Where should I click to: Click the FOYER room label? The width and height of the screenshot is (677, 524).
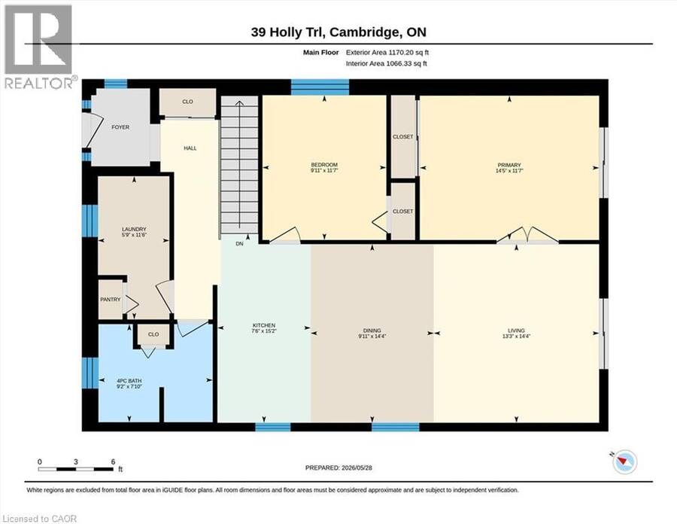click(x=120, y=127)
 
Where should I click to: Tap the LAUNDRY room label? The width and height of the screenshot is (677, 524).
click(x=134, y=229)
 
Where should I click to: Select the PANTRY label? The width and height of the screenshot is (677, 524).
click(x=111, y=300)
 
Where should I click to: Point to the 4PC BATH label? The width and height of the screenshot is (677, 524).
click(x=129, y=381)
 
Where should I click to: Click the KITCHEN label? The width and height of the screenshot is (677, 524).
click(x=264, y=325)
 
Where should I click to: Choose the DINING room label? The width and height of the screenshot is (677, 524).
click(x=372, y=331)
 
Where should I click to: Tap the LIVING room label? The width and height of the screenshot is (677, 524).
click(x=516, y=331)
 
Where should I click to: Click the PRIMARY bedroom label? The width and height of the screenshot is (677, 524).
click(x=509, y=165)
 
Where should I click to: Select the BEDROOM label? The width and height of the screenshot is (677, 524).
click(x=324, y=165)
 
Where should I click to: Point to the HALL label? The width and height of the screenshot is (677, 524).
click(x=190, y=148)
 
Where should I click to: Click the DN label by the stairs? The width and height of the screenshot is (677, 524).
click(x=240, y=244)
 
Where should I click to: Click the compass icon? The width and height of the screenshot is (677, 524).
click(x=624, y=462)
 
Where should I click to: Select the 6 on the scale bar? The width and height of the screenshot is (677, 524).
click(x=113, y=462)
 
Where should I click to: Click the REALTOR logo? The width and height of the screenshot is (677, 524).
click(x=40, y=47)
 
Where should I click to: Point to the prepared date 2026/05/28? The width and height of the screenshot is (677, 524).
click(x=357, y=468)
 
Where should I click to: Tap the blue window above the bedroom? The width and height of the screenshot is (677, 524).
click(x=320, y=87)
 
